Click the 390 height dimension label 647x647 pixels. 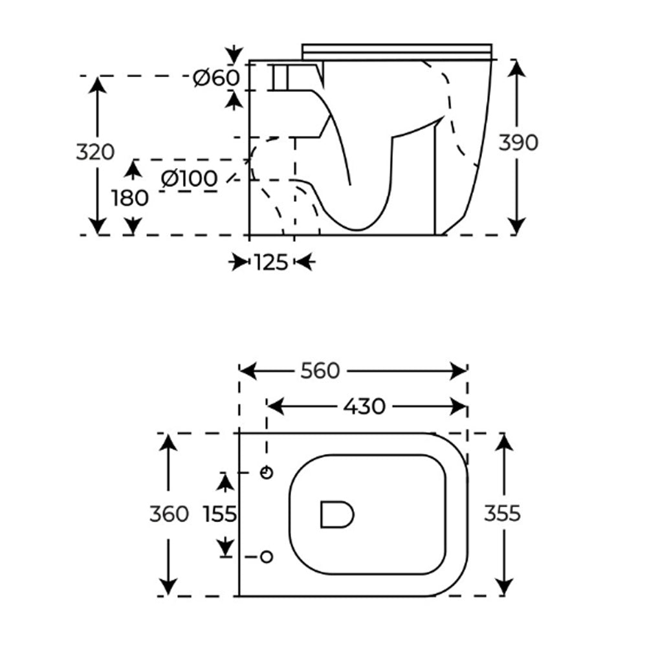(518, 143)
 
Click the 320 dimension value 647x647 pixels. (95, 152)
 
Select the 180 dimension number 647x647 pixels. (129, 198)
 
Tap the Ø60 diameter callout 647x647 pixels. (216, 78)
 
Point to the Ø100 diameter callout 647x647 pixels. (190, 179)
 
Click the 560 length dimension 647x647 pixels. (320, 371)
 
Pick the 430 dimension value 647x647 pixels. (364, 406)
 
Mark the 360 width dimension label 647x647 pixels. (169, 514)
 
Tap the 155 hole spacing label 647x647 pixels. (220, 514)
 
